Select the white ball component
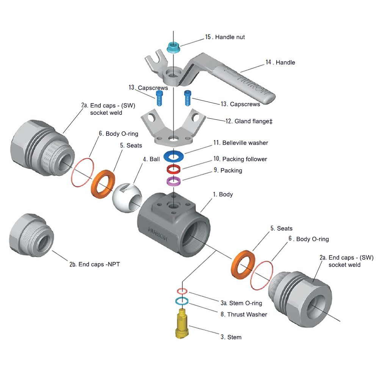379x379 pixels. (127, 197)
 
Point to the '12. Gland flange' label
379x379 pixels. (249, 121)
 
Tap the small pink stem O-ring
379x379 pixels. (182, 291)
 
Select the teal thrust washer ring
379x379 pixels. (182, 301)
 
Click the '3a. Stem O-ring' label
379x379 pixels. (241, 303)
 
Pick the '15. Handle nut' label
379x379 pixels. (225, 37)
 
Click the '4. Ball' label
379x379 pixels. (151, 159)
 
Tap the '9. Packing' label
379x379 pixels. (228, 171)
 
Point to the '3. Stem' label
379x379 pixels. (231, 337)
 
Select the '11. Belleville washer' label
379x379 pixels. (240, 143)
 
